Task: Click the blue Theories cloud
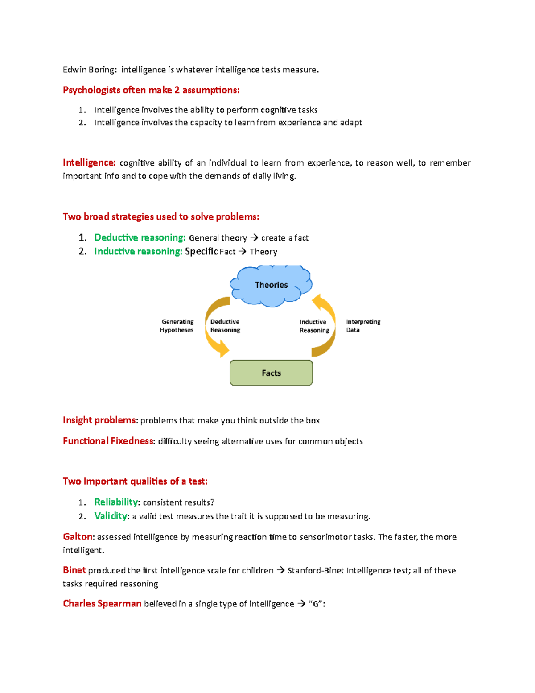click(x=271, y=285)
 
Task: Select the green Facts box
click(x=271, y=373)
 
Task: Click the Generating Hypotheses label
click(x=177, y=326)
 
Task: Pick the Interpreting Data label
click(x=363, y=326)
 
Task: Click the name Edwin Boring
click(x=90, y=70)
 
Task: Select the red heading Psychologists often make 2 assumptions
click(x=151, y=90)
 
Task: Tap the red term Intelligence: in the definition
click(x=89, y=162)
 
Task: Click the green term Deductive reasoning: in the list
click(x=140, y=237)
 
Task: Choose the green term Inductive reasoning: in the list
click(x=138, y=251)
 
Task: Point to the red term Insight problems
click(x=100, y=420)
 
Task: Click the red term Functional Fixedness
click(x=108, y=441)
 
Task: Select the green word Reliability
click(x=116, y=502)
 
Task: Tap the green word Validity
click(x=111, y=516)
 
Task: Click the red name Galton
click(x=78, y=537)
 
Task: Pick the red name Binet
click(x=74, y=570)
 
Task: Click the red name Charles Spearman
click(x=102, y=604)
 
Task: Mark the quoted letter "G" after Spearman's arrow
click(x=316, y=604)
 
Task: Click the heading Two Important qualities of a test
click(x=135, y=481)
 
